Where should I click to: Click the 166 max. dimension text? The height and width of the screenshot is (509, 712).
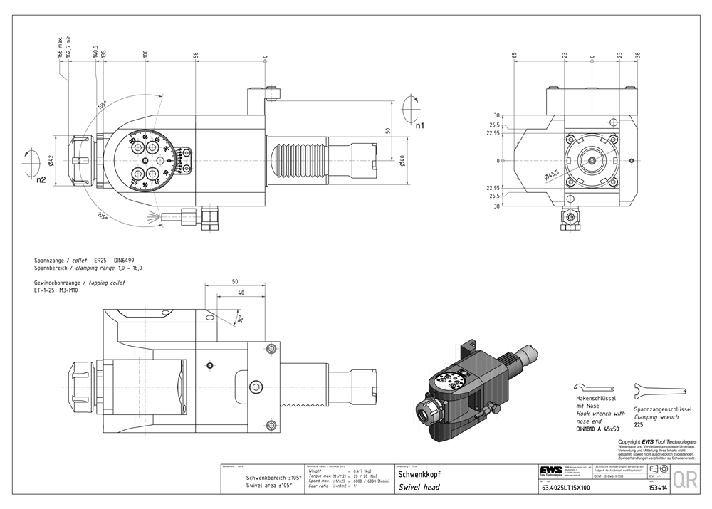60,46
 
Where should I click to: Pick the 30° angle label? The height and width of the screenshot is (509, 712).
241,318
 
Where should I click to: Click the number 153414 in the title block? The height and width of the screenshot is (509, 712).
657,488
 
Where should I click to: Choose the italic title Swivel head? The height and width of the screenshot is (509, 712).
419,488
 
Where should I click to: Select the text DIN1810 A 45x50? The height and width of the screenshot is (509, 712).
597,429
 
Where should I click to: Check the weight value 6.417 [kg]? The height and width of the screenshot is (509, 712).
366,471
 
